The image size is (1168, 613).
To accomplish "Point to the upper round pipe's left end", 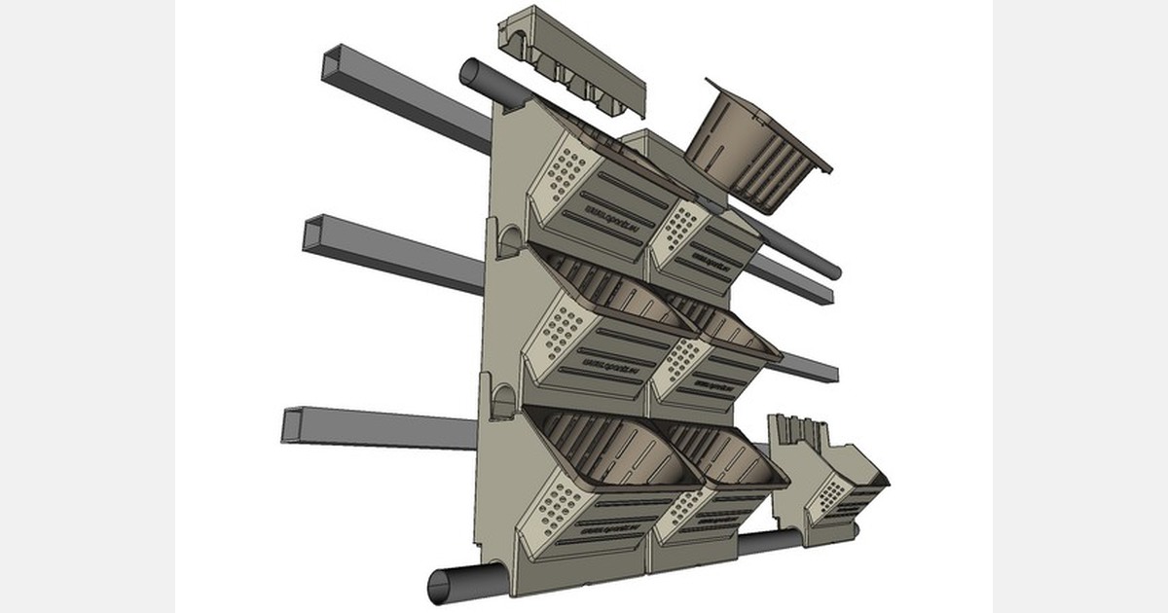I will (469, 73).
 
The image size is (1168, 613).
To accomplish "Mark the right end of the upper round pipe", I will (833, 270).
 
